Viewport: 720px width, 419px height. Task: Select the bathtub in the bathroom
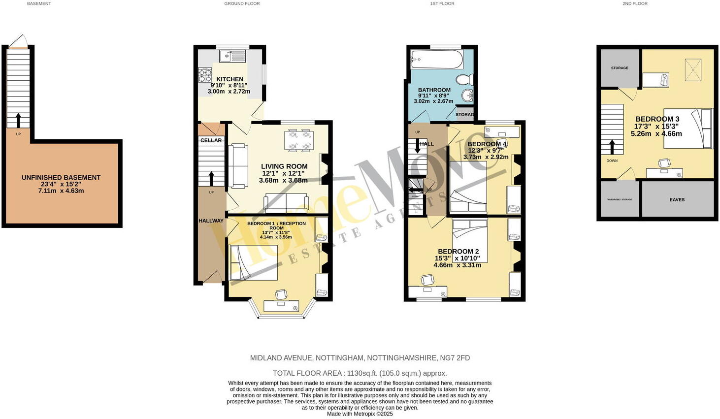[x=437, y=60]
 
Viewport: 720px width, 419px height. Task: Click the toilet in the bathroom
[x=464, y=79]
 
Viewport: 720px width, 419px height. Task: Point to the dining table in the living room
[x=299, y=139]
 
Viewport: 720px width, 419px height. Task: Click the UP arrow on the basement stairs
[x=18, y=120]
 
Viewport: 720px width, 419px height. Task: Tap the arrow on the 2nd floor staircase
[x=612, y=147]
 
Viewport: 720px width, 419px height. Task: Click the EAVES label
[x=677, y=200]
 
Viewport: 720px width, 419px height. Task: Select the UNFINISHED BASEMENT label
[x=61, y=178]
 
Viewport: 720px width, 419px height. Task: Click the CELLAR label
[x=211, y=140]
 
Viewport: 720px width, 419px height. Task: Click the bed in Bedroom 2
[x=470, y=241]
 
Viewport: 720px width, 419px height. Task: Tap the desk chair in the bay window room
[x=281, y=294]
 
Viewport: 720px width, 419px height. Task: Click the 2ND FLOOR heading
[x=635, y=3]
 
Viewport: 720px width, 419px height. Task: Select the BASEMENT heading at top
[x=39, y=3]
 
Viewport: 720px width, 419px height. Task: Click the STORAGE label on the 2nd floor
[x=620, y=68]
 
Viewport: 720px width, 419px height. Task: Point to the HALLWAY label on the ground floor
[x=211, y=221]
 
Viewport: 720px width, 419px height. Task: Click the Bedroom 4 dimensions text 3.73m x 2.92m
[x=486, y=157]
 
